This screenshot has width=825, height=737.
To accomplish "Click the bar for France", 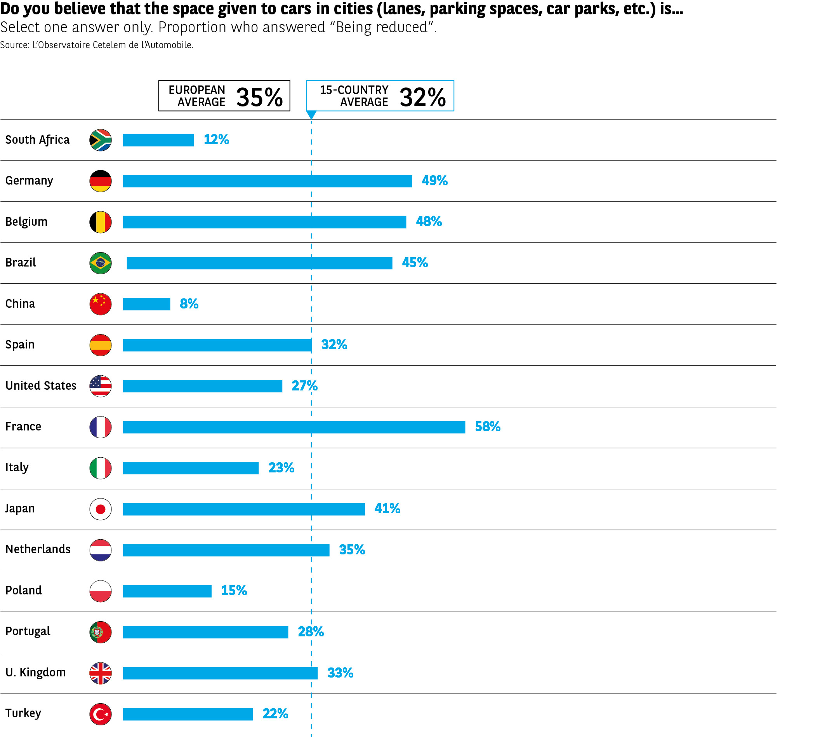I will click(294, 427).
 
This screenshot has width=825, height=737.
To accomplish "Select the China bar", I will click(146, 304).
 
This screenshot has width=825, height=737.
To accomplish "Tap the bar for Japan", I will click(243, 509).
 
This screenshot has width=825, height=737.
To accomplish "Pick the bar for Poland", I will click(167, 591).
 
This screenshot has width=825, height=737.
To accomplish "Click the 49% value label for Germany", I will click(434, 181).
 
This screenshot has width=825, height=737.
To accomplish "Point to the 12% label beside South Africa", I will click(216, 140).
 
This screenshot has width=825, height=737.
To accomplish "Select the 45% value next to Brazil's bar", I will click(415, 263).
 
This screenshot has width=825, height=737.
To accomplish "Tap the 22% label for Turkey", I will click(275, 714).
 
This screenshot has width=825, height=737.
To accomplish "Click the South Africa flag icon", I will click(100, 140).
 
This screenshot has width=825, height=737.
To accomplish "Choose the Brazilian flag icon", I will click(100, 263).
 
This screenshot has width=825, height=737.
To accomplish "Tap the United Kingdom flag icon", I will click(100, 673).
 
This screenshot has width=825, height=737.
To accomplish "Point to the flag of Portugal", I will click(100, 632).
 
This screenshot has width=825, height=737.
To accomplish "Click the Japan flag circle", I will click(100, 509).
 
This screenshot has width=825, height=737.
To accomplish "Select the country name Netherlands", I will click(38, 549).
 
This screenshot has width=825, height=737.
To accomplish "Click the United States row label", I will click(41, 385).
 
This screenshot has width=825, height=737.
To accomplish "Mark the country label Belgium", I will click(26, 222).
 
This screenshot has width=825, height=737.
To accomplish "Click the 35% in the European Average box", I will click(259, 97).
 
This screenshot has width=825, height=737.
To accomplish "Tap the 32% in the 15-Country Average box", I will click(422, 97).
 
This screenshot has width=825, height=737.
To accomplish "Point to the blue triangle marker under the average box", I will click(311, 115).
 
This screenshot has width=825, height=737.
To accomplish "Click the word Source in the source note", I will click(14, 45).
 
